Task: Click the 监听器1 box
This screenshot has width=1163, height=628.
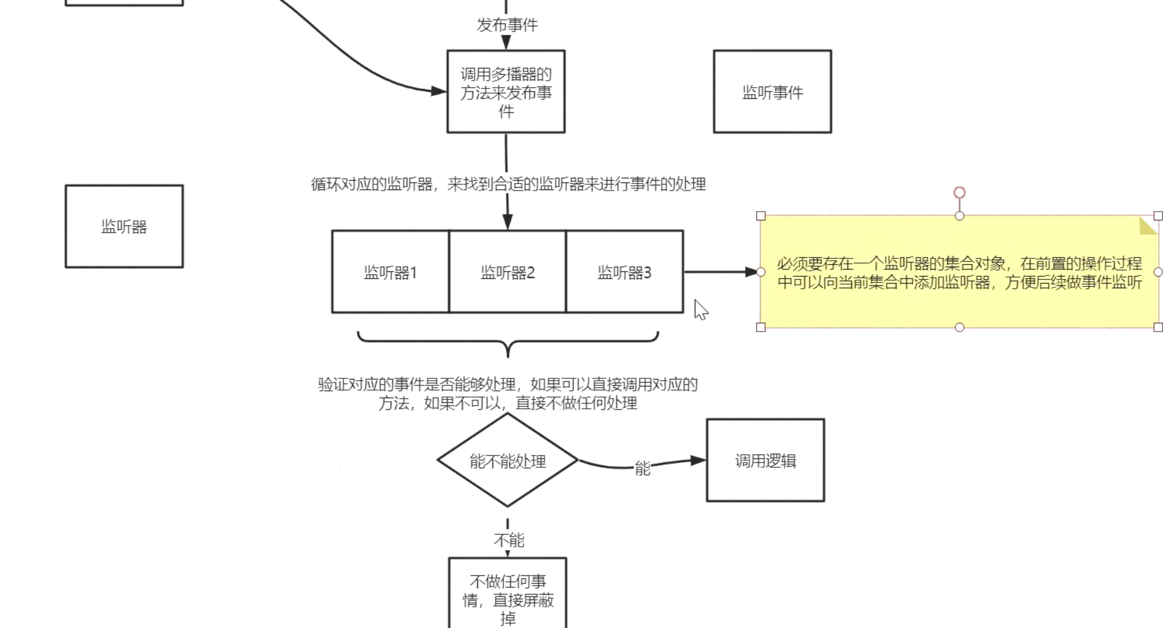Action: click(x=390, y=272)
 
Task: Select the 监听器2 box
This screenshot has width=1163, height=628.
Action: click(x=507, y=272)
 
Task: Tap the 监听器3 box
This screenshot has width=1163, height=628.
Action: click(x=624, y=272)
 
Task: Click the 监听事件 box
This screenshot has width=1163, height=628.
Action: click(x=772, y=92)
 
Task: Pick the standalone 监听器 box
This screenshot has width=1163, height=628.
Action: click(x=124, y=226)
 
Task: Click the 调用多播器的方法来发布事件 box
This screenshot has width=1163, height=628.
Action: click(x=506, y=92)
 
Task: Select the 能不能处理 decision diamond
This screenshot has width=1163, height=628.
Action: click(x=507, y=461)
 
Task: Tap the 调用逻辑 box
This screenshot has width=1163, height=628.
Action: click(x=765, y=460)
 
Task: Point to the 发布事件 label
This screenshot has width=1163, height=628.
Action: click(x=507, y=25)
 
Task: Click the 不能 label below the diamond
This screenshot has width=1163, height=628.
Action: click(x=508, y=539)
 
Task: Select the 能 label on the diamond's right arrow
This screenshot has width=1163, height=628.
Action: click(x=642, y=468)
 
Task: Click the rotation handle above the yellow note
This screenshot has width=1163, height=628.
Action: click(x=959, y=192)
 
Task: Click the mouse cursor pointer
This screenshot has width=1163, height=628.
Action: click(x=700, y=309)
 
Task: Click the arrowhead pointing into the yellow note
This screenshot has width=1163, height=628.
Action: click(x=752, y=272)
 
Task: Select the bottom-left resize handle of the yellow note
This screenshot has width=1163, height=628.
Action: click(x=760, y=327)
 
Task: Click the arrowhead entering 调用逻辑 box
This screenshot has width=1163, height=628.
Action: click(x=698, y=460)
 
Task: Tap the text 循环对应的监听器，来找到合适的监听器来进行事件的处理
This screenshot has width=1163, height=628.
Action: click(x=508, y=184)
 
